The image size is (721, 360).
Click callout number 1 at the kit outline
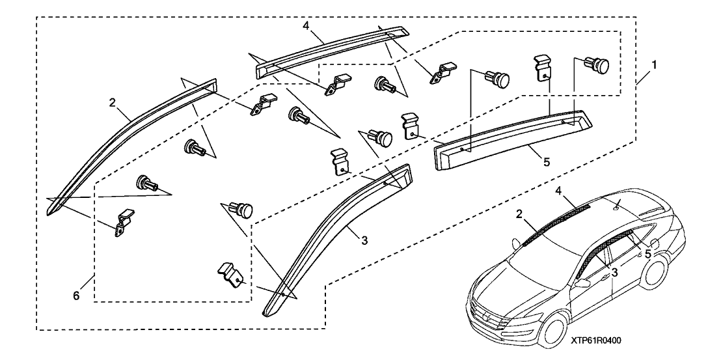(654, 65)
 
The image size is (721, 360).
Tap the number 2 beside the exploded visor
(113, 102)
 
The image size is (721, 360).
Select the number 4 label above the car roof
(558, 191)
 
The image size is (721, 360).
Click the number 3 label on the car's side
(614, 272)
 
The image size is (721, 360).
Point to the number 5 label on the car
(647, 255)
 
